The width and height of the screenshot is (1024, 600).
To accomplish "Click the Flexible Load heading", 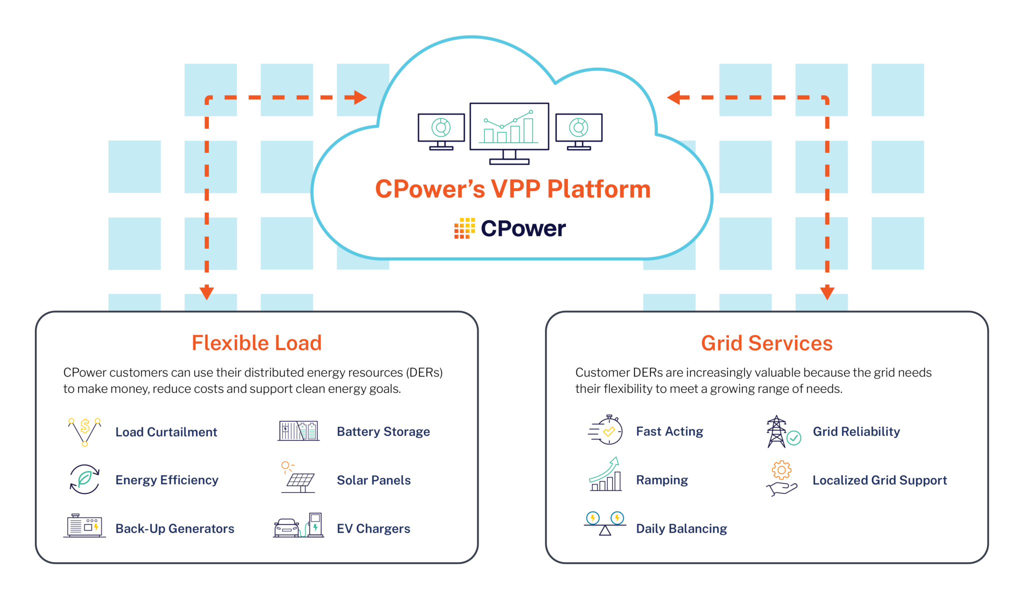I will pos(256,343).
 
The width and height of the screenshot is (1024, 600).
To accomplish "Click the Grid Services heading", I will pos(766,343).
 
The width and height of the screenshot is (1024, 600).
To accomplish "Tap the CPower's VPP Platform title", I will pos(512,189).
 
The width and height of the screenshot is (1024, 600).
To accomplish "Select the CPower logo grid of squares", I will pos(464,228).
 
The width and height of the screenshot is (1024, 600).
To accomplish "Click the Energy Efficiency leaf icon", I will pos(84,479).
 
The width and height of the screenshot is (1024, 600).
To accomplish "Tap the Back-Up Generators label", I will pos(174,528).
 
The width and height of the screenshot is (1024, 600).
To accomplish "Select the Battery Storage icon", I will pos(298,430).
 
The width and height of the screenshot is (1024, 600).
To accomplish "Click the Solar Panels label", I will pos(373,480).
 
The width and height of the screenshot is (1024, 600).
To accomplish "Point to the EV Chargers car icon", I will pos(286,527).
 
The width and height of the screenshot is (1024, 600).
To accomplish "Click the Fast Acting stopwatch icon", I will pos(606,430).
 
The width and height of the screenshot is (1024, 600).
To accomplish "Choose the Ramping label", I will pos(661,480).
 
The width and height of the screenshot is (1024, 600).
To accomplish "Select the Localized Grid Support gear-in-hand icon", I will pos(781,479).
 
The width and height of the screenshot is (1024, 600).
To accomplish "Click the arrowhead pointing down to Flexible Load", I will pos(206,292).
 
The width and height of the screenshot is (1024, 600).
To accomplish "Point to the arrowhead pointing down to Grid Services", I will pos(827,292).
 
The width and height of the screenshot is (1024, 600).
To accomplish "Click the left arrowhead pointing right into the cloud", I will pos(360,97).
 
